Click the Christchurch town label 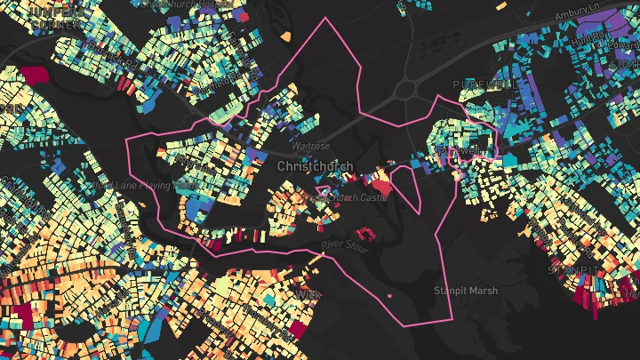[315, 166]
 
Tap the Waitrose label [310, 146]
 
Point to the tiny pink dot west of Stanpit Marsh [390, 293]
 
